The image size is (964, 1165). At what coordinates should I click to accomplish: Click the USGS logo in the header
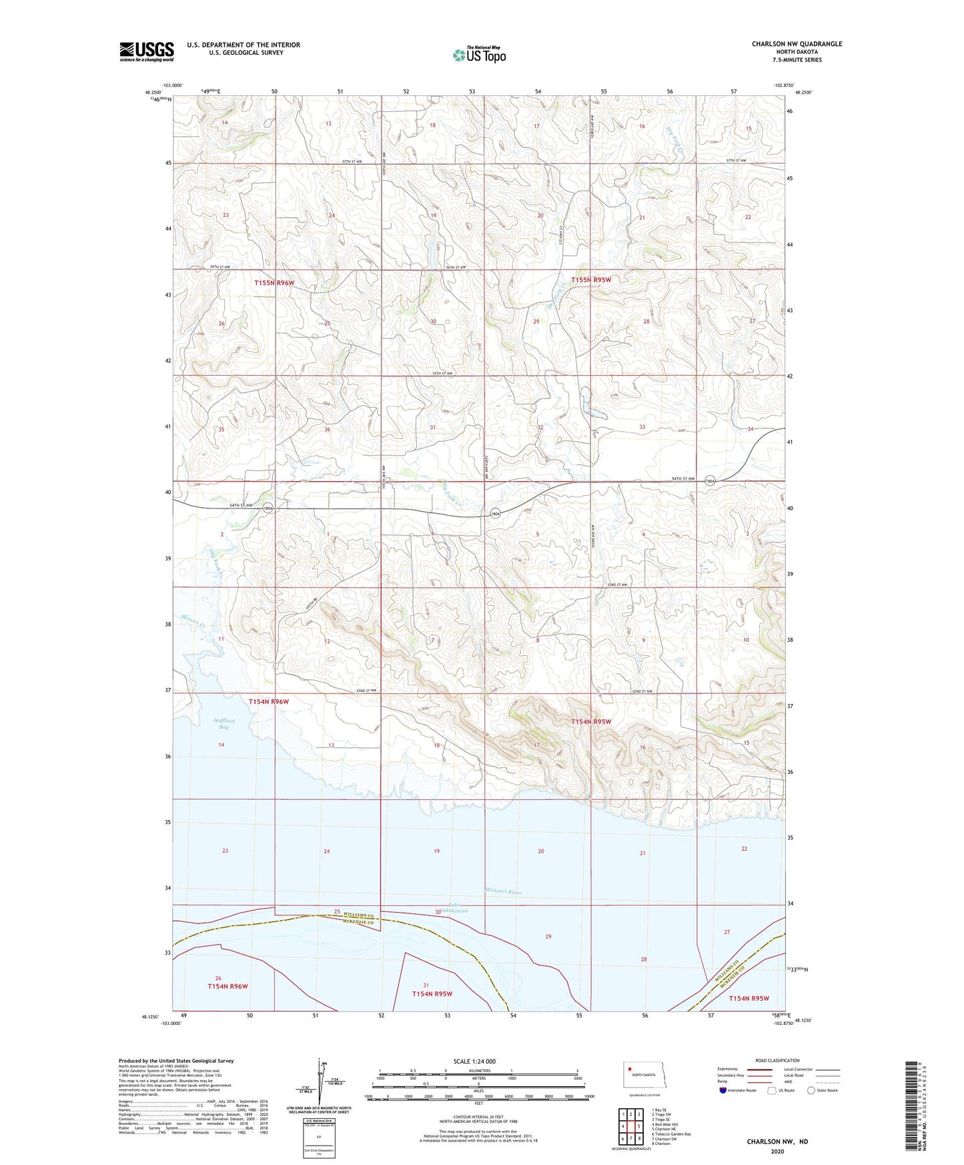tap(147, 51)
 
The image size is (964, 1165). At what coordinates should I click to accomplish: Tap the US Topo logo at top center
tap(479, 55)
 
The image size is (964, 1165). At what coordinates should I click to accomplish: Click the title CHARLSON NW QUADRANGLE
tap(797, 44)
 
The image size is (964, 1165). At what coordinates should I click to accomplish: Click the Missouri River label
tap(503, 891)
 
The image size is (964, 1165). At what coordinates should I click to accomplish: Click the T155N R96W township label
tap(274, 283)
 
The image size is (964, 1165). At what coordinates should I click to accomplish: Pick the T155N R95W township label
tap(590, 280)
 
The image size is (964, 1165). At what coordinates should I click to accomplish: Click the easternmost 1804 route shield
tap(710, 480)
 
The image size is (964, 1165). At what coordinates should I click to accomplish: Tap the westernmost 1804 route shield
tap(268, 508)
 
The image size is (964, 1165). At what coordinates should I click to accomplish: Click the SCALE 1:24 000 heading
tap(474, 1061)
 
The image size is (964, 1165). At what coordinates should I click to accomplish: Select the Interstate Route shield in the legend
tap(724, 1090)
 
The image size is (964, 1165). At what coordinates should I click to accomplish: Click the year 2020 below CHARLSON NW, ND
tap(777, 1151)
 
